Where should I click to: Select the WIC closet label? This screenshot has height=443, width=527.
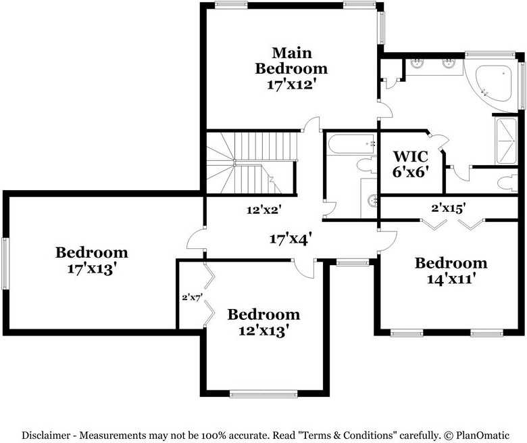click(410, 156)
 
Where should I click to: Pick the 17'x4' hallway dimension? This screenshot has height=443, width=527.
click(290, 238)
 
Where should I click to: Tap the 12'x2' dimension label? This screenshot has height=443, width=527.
click(263, 210)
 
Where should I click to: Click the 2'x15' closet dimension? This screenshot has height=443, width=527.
click(448, 209)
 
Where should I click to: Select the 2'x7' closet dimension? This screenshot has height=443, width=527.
click(192, 296)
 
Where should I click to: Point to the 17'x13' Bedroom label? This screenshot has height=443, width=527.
click(91, 252)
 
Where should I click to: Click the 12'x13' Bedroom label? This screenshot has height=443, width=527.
click(263, 314)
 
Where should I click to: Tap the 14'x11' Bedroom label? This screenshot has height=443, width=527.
click(451, 262)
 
